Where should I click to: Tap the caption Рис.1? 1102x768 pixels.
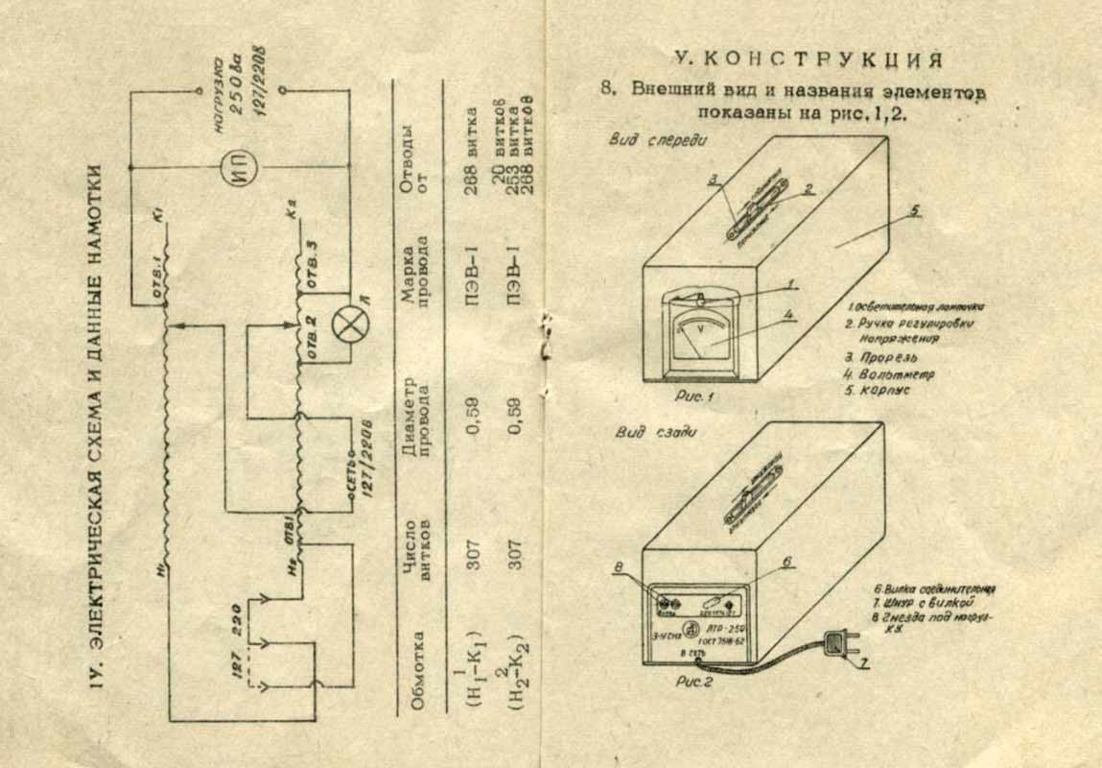pos(692,394)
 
